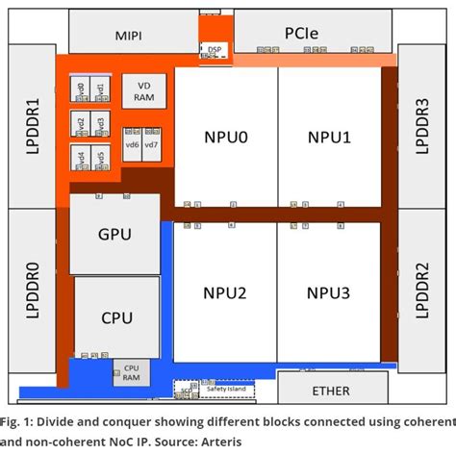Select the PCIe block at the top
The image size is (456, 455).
pos(309,34)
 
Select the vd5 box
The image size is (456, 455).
pos(100,157)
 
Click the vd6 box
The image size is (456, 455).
pos(132,144)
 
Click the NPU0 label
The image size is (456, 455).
pos(226,139)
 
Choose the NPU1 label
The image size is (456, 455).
pos(330,139)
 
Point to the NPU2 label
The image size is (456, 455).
pos(226,291)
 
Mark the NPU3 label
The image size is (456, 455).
pos(330,291)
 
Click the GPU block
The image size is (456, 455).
pos(115,234)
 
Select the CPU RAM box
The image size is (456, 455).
pos(132,373)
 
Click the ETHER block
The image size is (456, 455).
pos(332,391)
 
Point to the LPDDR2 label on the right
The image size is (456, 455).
pos(420,289)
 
